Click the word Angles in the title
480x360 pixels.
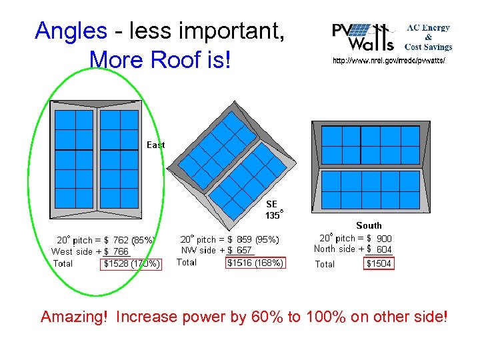[x=71, y=31]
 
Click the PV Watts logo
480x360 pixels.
[x=363, y=37]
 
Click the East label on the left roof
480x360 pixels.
[x=155, y=145]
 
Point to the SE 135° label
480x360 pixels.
[x=273, y=209]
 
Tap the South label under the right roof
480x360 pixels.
[x=369, y=226]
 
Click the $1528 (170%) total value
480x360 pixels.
[x=132, y=263]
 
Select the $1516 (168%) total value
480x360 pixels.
[x=255, y=263]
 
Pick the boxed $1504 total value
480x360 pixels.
[x=379, y=264]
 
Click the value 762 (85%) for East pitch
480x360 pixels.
[x=133, y=240]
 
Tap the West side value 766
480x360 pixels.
[x=121, y=251]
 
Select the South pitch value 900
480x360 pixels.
[x=384, y=238]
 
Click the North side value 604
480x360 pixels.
[x=384, y=249]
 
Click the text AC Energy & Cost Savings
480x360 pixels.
[x=429, y=37]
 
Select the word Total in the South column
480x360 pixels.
[x=325, y=264]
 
